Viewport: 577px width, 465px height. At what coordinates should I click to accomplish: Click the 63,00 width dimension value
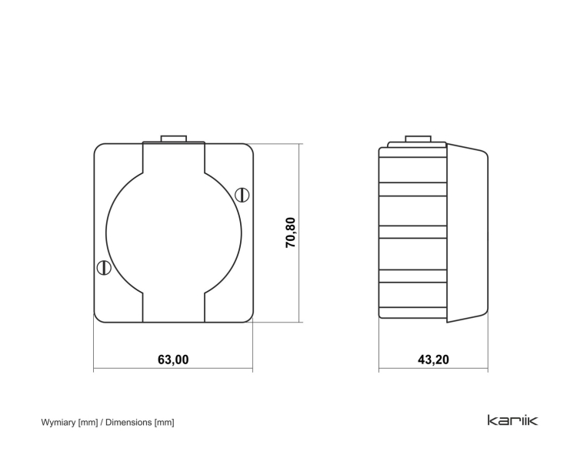(173, 360)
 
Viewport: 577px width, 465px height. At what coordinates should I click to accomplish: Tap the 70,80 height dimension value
(291, 232)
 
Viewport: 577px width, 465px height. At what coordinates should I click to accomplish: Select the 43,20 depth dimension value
(433, 360)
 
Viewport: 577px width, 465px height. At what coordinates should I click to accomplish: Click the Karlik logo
(512, 420)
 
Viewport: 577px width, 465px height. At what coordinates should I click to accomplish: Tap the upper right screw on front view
(242, 195)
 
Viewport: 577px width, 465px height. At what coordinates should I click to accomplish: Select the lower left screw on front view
(104, 268)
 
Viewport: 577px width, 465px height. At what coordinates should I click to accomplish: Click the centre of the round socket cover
(174, 232)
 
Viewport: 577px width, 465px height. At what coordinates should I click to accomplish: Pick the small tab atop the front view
(174, 139)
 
